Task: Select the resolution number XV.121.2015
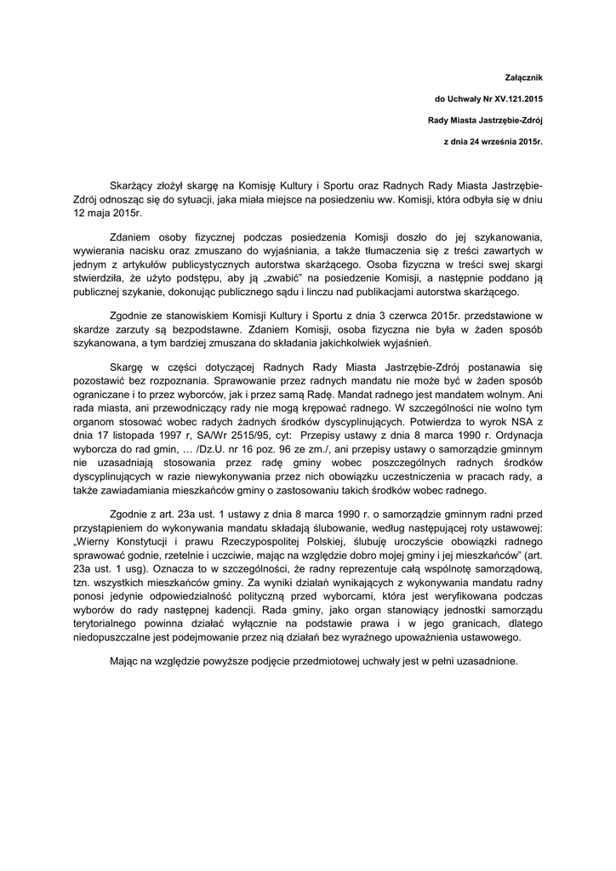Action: (x=509, y=100)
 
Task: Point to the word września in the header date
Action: (x=501, y=142)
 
